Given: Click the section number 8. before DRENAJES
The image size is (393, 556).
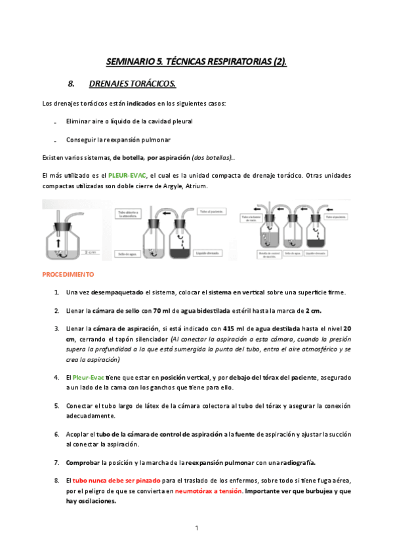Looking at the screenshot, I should (72, 84).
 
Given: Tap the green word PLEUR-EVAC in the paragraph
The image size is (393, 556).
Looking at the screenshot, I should (127, 176).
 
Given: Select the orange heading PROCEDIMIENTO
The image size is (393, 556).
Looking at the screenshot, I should (68, 274).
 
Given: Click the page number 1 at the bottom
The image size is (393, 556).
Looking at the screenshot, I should (196, 527).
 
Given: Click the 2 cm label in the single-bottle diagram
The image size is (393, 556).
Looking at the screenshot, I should (89, 250).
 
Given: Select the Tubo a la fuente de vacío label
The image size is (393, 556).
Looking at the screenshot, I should (253, 218).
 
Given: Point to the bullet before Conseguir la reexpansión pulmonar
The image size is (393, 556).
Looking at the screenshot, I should (54, 141).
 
